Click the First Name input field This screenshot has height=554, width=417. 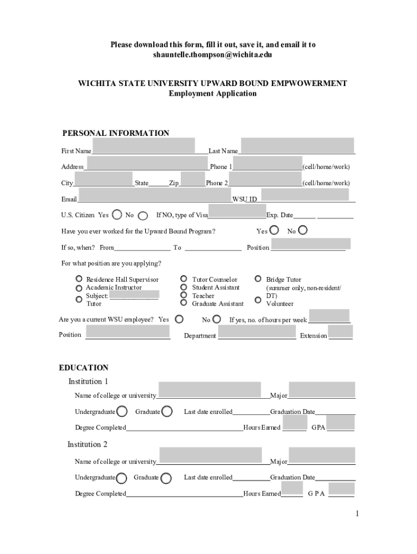click(144, 146)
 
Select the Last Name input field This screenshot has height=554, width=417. click(297, 146)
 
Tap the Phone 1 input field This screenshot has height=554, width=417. click(268, 163)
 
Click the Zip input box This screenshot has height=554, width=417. click(192, 179)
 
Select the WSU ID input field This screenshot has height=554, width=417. click(305, 195)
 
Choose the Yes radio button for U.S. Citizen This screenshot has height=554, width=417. click(116, 215)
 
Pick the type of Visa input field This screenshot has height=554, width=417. click(237, 211)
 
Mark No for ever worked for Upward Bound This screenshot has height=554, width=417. click(303, 230)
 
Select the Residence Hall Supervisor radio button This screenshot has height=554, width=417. click(79, 280)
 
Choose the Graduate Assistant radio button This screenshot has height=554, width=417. click(184, 304)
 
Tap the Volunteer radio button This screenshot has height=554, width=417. click(258, 300)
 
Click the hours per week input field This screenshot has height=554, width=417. click(329, 315)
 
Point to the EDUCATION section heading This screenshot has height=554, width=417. click(83, 368)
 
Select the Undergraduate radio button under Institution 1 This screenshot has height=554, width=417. click(122, 412)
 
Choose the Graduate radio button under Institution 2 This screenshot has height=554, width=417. click(167, 478)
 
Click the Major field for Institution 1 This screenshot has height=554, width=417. click(322, 390)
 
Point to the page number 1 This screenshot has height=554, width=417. click(357, 513)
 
